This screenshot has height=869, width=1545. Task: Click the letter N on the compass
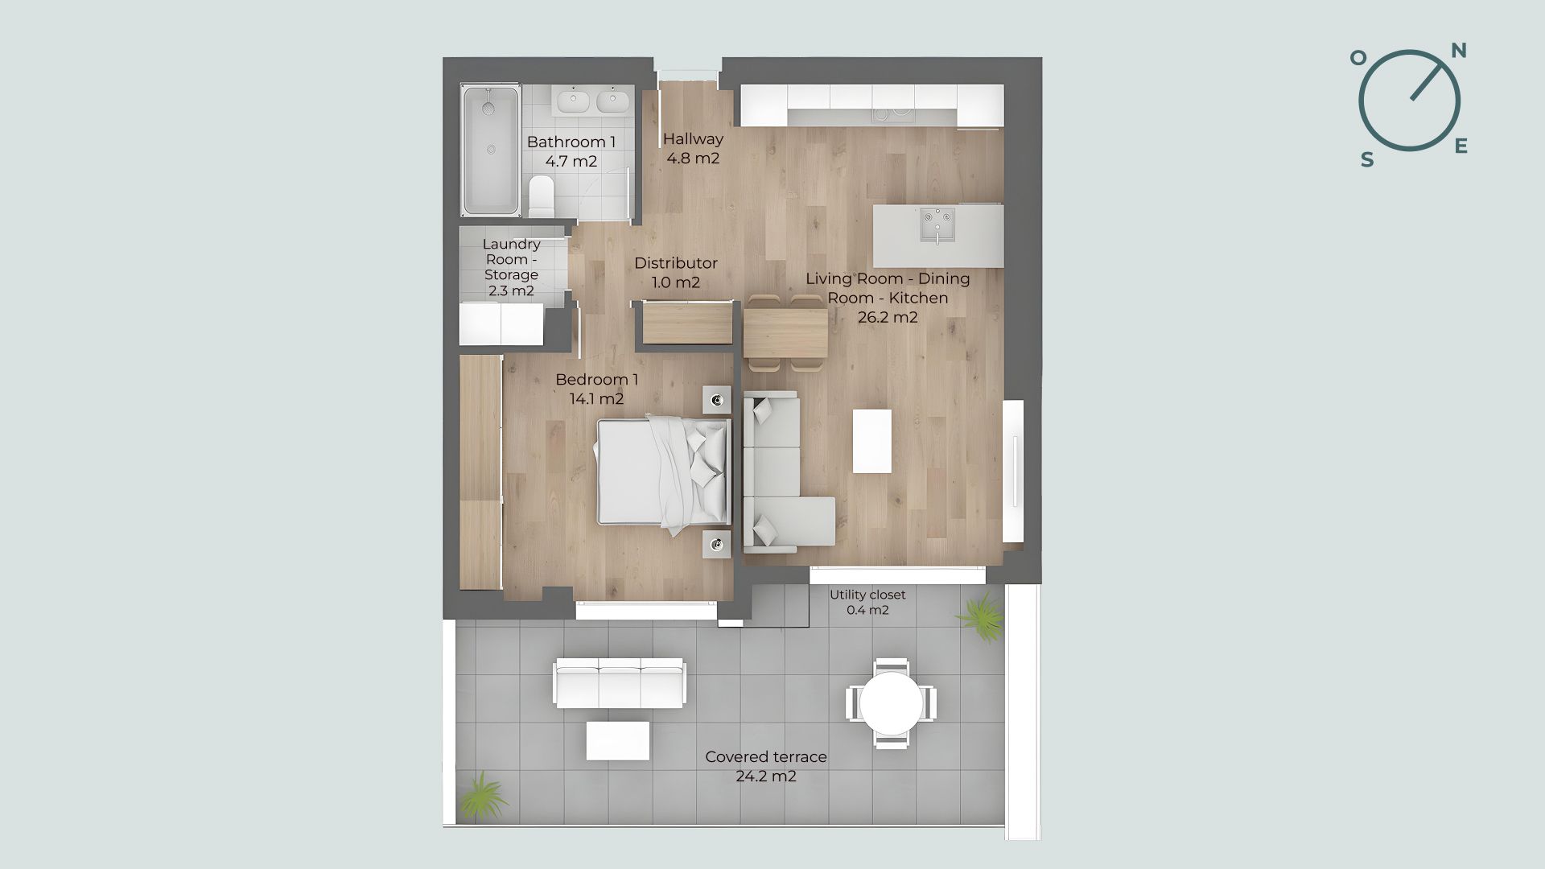point(1458,51)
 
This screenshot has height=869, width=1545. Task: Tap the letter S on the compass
point(1367,160)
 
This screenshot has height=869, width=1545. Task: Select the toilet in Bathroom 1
point(542,197)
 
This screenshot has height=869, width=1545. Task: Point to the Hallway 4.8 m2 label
point(693,149)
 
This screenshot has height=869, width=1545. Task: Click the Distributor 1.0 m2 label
point(676,273)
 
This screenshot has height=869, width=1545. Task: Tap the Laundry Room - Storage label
point(511,267)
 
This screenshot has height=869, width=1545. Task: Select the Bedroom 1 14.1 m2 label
point(596,389)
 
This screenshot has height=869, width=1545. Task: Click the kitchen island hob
point(937,225)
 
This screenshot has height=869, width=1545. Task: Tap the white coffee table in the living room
point(872,442)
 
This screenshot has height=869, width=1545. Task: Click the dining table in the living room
point(785,333)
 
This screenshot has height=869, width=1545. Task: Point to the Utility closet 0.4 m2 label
point(867,602)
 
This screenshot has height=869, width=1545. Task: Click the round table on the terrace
point(891,703)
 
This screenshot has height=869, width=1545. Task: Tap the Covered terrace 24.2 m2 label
point(766,767)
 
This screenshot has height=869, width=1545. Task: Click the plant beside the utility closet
point(981,616)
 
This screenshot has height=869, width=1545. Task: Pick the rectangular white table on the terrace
point(618,741)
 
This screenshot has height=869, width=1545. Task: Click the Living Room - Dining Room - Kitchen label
point(888,298)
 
